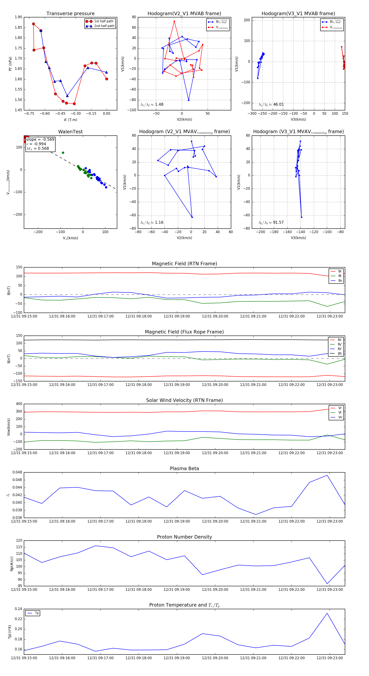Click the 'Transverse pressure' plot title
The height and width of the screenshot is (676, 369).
point(70,14)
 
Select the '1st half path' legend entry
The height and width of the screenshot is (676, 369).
point(104,21)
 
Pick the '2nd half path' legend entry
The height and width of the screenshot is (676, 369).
point(104,26)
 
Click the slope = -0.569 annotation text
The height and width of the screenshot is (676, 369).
point(40,139)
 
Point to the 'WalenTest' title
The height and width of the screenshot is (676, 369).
point(70,132)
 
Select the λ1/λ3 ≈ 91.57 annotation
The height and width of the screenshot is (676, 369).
point(271,222)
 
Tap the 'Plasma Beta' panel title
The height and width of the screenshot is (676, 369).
point(184,468)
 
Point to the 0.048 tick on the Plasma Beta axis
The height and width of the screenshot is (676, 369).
point(17,472)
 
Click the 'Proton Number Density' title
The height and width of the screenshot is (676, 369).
point(184,537)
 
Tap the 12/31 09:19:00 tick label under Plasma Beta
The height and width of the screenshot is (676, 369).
point(177,521)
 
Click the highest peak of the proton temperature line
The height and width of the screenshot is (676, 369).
point(327,613)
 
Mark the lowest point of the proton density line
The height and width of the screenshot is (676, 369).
point(327,584)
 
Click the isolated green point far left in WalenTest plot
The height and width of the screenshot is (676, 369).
point(63,153)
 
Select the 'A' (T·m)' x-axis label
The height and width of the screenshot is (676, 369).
point(70,120)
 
